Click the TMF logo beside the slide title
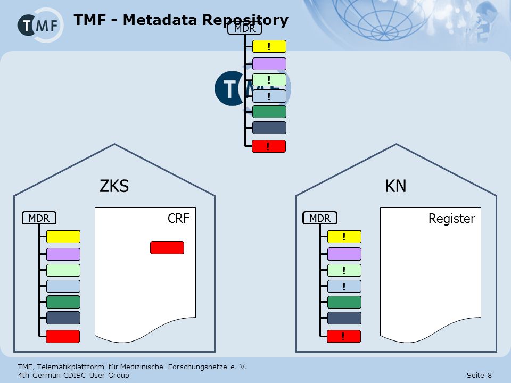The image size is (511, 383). (x=40, y=25)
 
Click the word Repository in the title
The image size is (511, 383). (x=245, y=20)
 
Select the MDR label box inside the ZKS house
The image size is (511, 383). (x=39, y=218)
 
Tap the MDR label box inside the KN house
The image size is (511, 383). (x=320, y=218)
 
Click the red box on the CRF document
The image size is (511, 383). (x=167, y=247)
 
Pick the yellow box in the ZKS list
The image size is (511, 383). (x=63, y=237)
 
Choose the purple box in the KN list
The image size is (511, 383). (x=344, y=254)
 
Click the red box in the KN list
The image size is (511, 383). (x=344, y=336)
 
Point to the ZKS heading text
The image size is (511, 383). (x=114, y=186)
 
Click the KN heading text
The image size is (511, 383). (x=395, y=186)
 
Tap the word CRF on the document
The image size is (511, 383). (x=179, y=218)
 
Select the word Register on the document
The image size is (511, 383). (x=452, y=219)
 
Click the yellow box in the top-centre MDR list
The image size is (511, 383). (x=269, y=46)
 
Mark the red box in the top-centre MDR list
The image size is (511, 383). (x=269, y=146)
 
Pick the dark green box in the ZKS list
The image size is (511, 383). (x=63, y=302)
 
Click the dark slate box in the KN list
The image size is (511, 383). (x=344, y=318)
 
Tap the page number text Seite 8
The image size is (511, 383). (x=479, y=375)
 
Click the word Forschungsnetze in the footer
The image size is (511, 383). (x=197, y=367)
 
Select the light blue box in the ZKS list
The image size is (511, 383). (x=63, y=286)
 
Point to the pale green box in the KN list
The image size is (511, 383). (x=344, y=270)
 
